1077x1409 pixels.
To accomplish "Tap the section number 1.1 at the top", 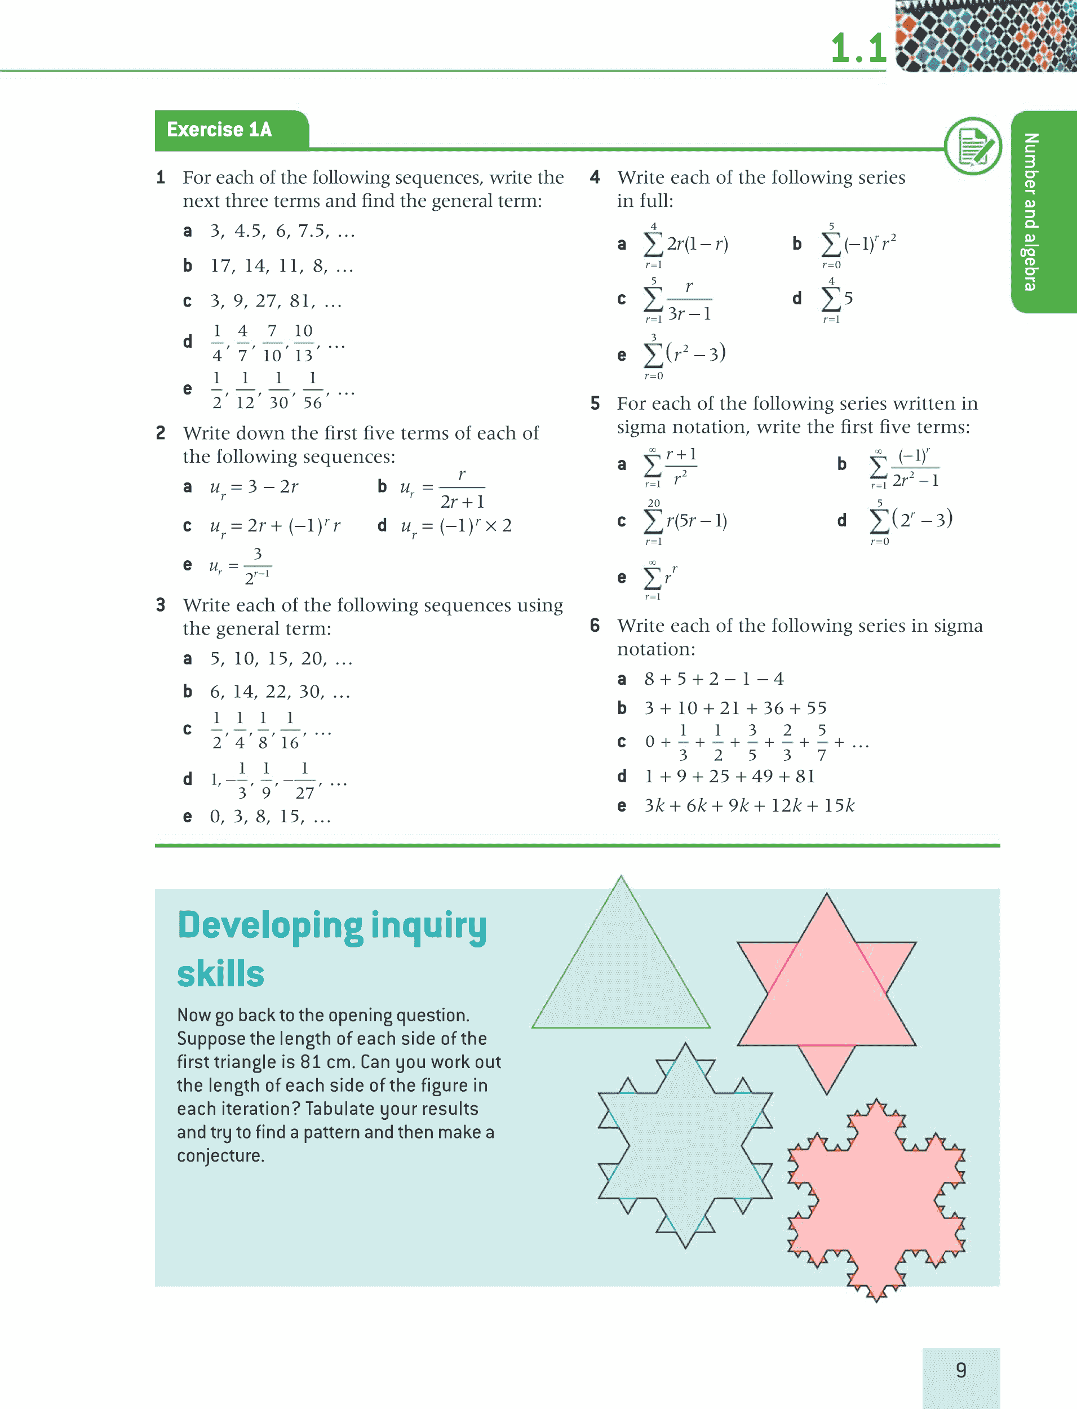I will click(858, 48).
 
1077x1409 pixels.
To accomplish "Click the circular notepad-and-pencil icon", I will click(973, 146).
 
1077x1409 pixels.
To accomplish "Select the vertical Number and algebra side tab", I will click(1030, 211).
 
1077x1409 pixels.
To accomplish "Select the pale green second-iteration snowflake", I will click(685, 1146).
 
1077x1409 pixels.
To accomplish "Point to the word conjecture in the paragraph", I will click(220, 1156).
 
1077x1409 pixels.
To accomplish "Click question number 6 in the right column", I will click(595, 626).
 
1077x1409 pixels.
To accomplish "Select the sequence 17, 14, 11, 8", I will click(281, 266).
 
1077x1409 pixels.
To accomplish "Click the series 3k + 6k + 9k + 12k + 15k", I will click(749, 806).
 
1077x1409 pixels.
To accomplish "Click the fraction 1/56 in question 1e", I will click(312, 390).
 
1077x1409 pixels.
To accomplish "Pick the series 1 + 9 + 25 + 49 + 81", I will click(729, 776).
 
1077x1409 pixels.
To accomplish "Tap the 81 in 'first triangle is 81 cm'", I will click(311, 1062).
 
